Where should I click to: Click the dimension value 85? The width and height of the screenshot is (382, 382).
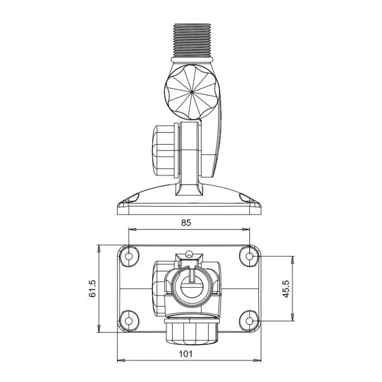point(186,223)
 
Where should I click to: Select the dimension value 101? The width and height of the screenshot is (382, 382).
point(186,354)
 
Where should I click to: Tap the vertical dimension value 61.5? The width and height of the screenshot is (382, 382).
point(93,288)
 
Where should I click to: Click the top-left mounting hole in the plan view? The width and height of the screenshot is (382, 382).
point(129,256)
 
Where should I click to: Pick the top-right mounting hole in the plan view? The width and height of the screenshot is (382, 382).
point(249,256)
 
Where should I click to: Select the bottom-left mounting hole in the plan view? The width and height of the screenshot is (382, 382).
point(129,320)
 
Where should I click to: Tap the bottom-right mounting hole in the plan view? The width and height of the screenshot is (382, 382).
point(249,320)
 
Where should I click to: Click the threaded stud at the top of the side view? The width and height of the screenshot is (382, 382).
point(192,41)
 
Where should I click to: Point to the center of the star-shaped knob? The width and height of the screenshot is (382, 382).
point(192,92)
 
